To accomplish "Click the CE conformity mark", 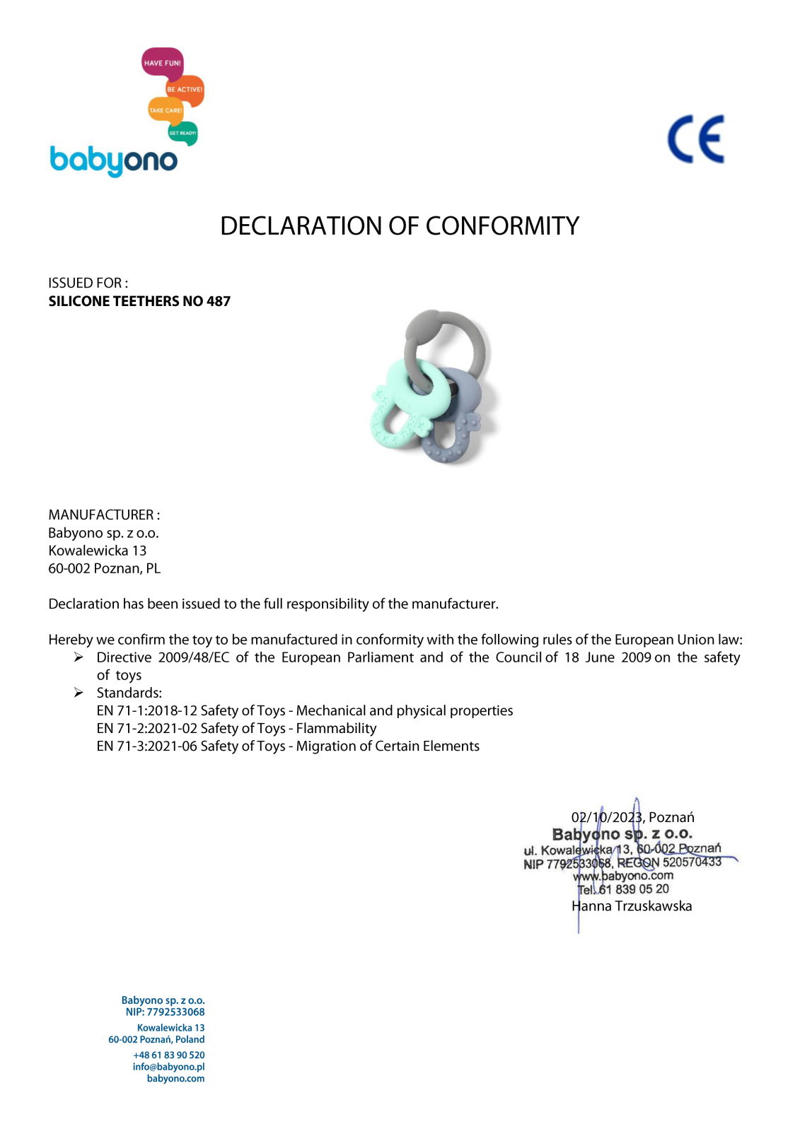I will (x=696, y=139).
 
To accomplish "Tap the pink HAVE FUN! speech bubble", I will (x=162, y=63).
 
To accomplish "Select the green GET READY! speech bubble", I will (x=182, y=133).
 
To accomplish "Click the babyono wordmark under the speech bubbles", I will (x=113, y=161).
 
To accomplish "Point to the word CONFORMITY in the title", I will (x=502, y=226).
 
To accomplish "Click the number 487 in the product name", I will (x=219, y=301).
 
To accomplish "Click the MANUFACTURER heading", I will (x=103, y=515).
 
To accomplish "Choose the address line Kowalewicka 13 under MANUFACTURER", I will (x=98, y=551).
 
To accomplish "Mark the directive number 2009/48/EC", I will (x=194, y=657).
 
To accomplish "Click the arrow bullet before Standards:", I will (x=79, y=693).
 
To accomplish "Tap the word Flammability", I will (x=336, y=728).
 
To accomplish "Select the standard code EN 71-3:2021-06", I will (x=147, y=746).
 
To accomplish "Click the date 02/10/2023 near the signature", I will (x=607, y=817).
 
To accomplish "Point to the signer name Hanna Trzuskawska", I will (x=632, y=906).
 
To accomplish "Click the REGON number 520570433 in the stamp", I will (x=692, y=862).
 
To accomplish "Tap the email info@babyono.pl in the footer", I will (x=168, y=1067).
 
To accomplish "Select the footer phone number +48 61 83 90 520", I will (x=168, y=1055).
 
